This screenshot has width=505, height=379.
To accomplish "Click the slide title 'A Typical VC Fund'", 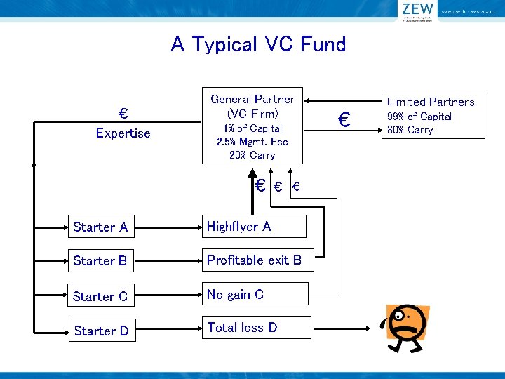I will click(x=258, y=45).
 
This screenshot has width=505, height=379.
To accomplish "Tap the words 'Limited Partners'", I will click(x=431, y=102).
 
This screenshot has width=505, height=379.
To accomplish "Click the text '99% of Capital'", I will click(x=419, y=117).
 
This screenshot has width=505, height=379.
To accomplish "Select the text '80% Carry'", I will click(x=410, y=130).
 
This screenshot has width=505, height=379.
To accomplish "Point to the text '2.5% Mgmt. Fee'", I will click(x=252, y=142).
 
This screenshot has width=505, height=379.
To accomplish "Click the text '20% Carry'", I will click(x=252, y=155).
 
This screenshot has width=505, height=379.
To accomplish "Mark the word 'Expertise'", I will click(x=123, y=133).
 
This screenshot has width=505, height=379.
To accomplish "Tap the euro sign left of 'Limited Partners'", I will click(x=344, y=120).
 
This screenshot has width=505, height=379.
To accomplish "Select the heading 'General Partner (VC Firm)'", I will click(x=252, y=106).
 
